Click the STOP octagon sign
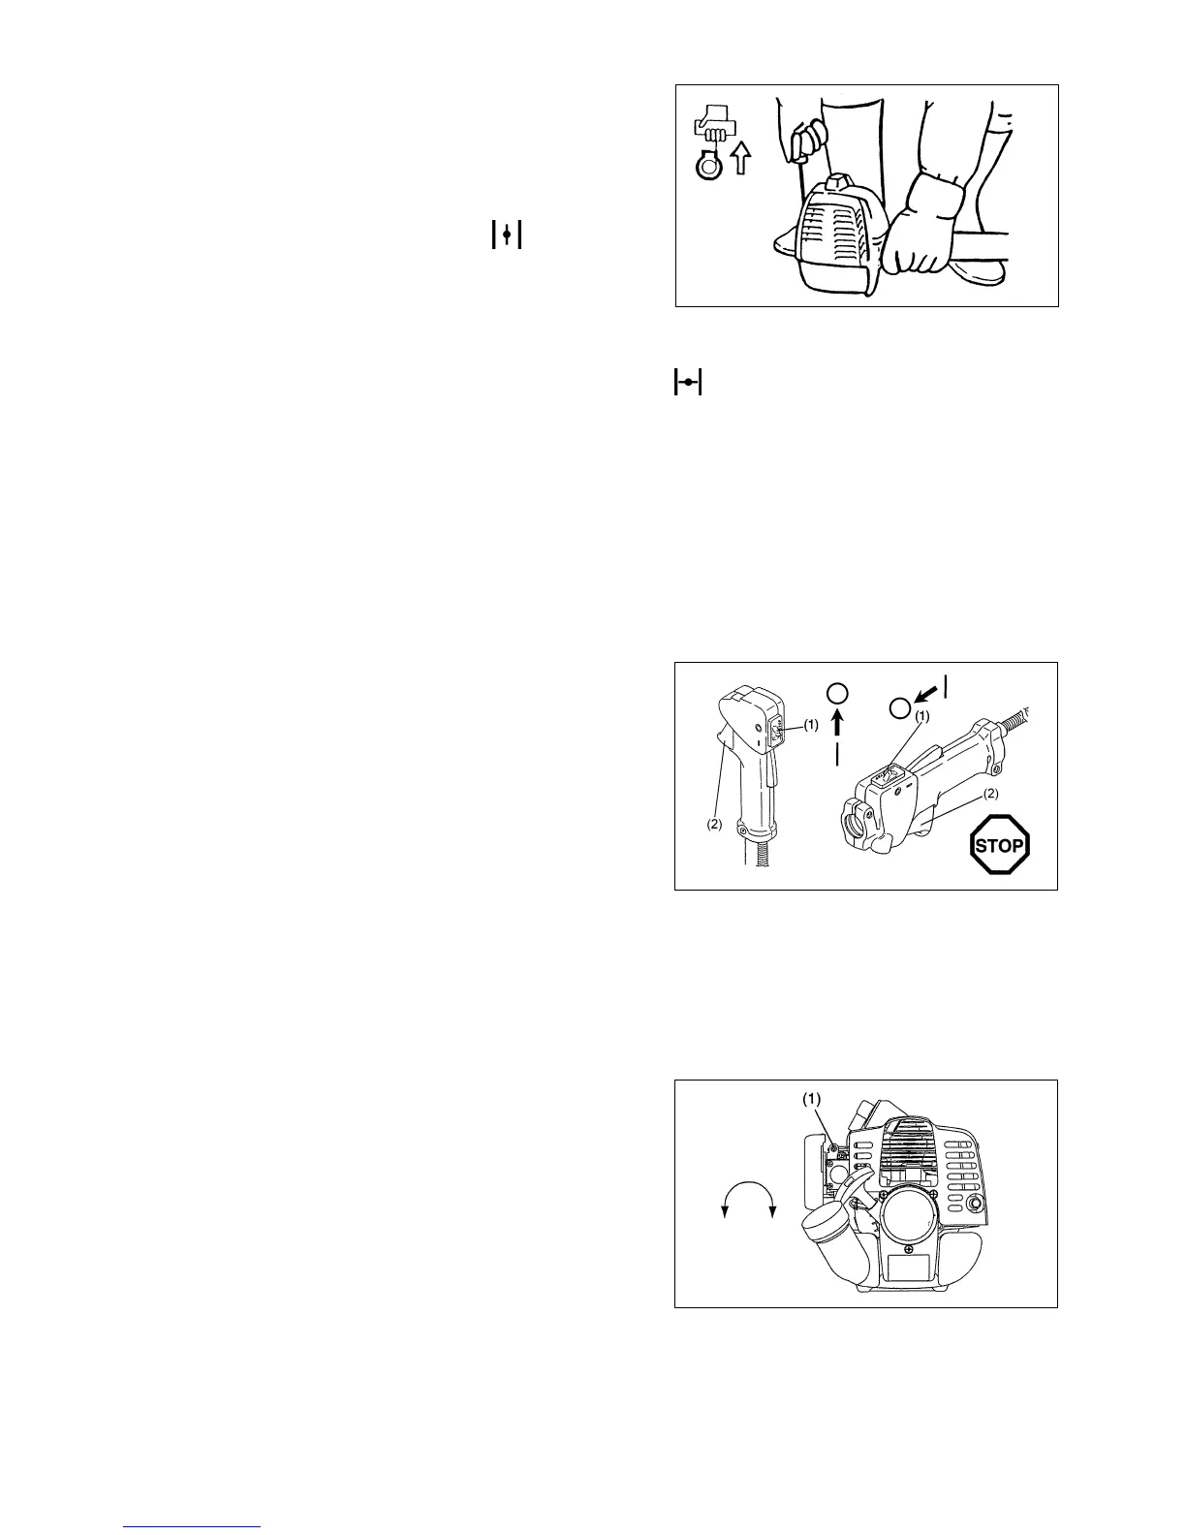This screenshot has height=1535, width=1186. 999,845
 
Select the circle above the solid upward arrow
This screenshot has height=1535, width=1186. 839,692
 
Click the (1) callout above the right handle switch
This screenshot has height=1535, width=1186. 921,716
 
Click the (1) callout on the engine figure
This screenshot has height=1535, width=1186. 812,1100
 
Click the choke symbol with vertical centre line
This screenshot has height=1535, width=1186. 507,235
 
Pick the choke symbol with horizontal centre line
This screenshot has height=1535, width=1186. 687,383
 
